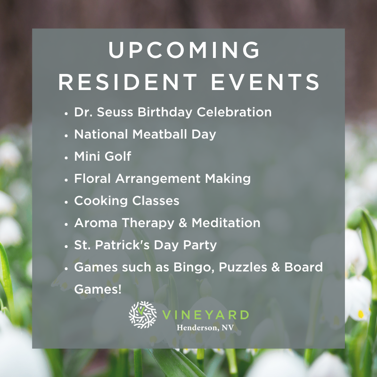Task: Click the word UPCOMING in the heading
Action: tap(184, 49)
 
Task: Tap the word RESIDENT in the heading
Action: tap(128, 82)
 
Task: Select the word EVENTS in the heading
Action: tap(265, 82)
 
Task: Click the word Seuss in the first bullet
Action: tap(115, 112)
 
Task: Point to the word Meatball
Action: tap(160, 134)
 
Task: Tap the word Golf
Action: tap(118, 156)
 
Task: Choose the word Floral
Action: tap(92, 179)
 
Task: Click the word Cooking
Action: tap(101, 201)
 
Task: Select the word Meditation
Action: tap(226, 223)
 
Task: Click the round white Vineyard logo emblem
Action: tap(143, 315)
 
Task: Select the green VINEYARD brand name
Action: tap(205, 315)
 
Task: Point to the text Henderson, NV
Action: tap(205, 328)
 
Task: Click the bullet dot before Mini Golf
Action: tap(66, 158)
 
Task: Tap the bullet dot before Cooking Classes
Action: tap(66, 202)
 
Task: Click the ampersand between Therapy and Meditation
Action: tap(183, 223)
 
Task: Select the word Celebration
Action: tap(234, 112)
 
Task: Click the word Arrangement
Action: tap(158, 179)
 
